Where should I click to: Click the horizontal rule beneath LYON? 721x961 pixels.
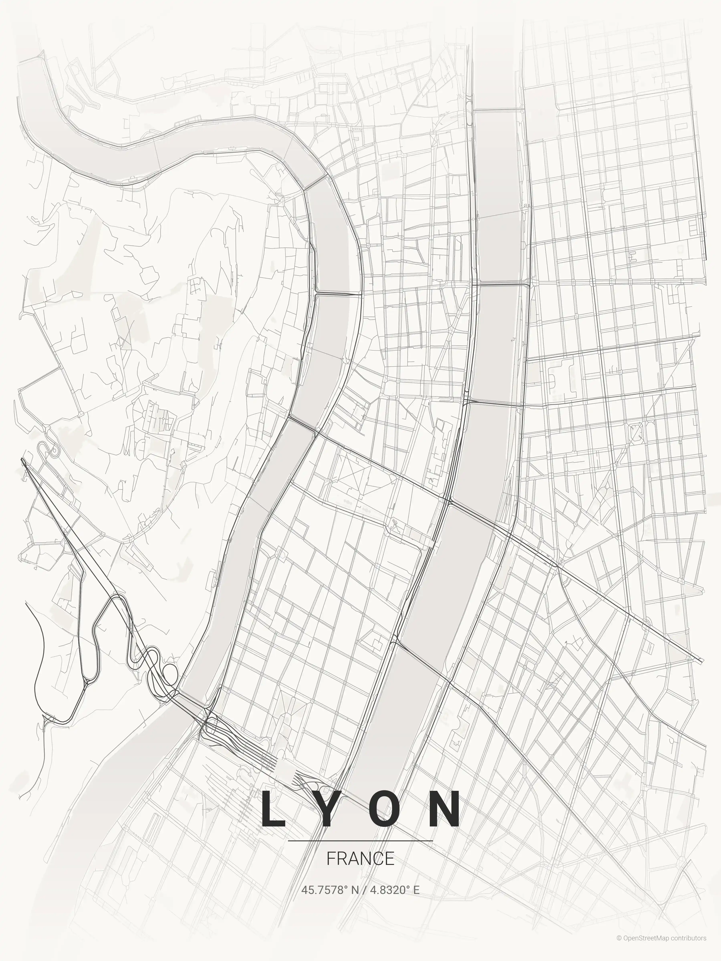(x=360, y=841)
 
